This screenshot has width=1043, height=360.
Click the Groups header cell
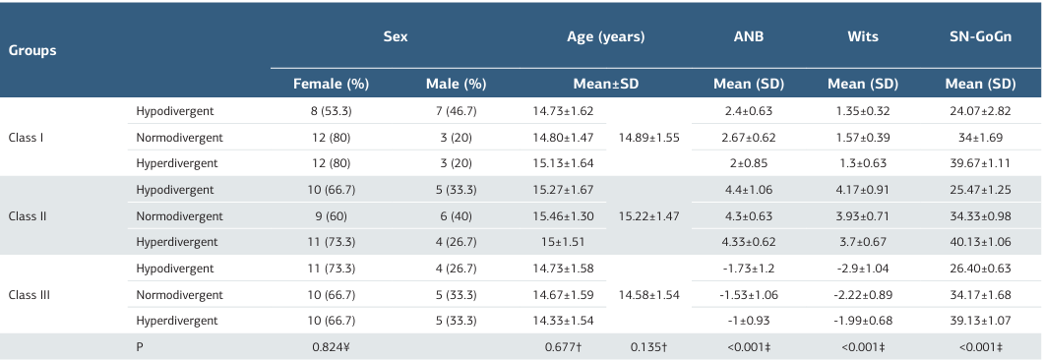click(x=32, y=49)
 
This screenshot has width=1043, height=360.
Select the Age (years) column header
click(x=605, y=37)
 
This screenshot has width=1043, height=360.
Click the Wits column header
click(x=863, y=37)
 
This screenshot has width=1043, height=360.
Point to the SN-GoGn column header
click(x=979, y=37)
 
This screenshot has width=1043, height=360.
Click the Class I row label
click(x=27, y=137)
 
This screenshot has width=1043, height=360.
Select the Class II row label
click(x=29, y=215)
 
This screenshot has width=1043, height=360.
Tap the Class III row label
click(x=31, y=294)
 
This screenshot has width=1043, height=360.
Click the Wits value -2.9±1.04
click(x=863, y=269)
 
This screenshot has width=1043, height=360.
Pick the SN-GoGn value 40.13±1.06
click(x=979, y=242)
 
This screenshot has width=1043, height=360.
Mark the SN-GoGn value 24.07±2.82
click(x=979, y=111)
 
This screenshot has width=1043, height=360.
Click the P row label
click(x=140, y=347)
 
